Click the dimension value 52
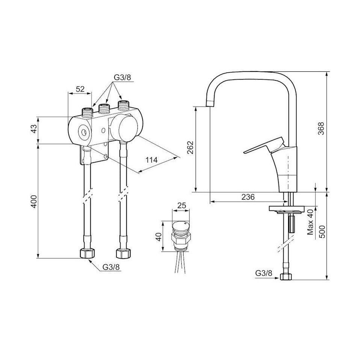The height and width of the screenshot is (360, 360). [80, 89]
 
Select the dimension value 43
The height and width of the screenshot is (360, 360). [33, 130]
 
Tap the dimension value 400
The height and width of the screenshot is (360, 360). [33, 201]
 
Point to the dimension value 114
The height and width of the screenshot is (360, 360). [152, 160]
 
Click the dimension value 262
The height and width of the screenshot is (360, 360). [191, 147]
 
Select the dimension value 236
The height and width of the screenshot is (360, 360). [248, 197]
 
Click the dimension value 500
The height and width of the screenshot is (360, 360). [322, 231]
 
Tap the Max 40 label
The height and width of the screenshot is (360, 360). [310, 222]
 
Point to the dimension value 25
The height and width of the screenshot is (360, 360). [182, 205]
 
